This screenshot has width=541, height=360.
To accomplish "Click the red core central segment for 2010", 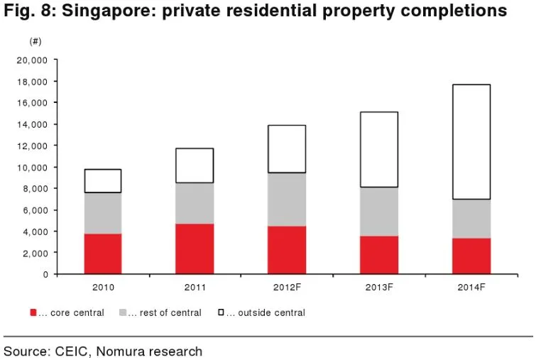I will click(103, 253).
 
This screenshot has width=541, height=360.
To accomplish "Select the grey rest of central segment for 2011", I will click(195, 203).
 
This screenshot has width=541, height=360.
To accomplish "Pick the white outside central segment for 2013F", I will click(379, 149).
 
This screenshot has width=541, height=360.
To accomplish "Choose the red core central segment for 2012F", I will click(288, 250).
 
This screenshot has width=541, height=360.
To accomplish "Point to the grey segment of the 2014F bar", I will click(471, 219).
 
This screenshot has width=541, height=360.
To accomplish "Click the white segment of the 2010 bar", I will click(103, 180).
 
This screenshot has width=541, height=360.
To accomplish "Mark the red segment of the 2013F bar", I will click(379, 255).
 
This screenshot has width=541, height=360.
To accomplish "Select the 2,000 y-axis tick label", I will click(35, 253).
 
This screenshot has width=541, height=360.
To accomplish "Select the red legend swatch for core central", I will click(33, 312).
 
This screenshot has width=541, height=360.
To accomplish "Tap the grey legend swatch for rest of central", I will click(123, 312).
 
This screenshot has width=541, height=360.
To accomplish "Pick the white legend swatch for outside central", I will click(220, 312).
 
